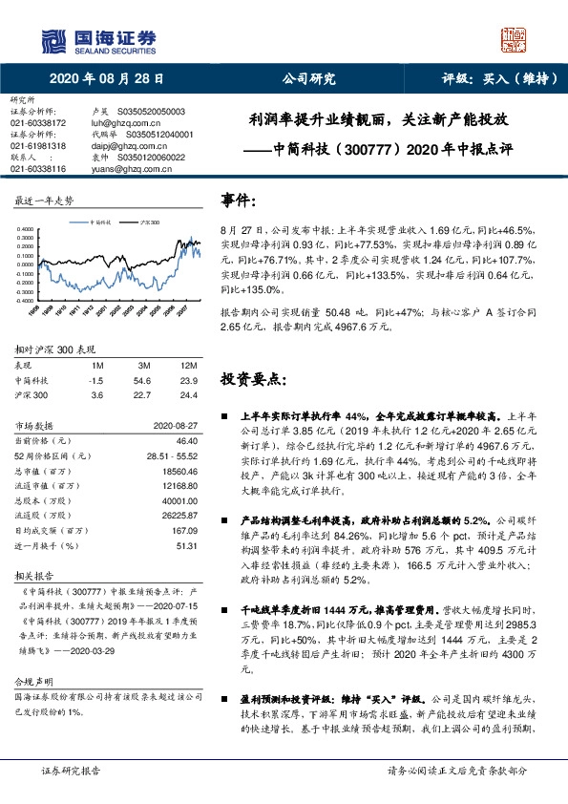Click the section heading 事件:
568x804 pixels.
[x=238, y=201]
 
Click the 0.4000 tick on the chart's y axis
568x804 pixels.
[x=25, y=229]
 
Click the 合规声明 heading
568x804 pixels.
[x=31, y=685]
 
